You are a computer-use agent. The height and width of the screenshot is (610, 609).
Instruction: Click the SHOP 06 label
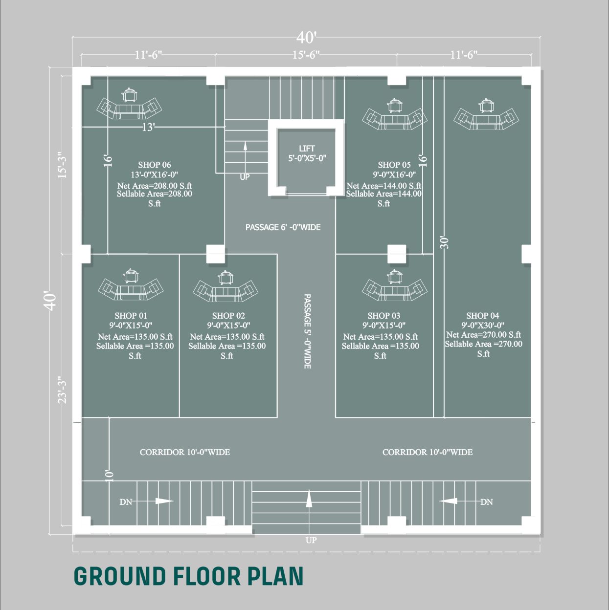point(154,165)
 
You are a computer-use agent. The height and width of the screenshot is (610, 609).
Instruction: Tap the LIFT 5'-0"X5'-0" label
point(307,153)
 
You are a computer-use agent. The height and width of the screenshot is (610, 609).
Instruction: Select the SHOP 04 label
point(482,315)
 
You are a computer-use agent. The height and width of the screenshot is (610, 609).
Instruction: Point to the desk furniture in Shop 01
point(131,290)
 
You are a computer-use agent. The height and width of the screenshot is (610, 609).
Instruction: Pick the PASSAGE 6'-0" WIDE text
point(283,227)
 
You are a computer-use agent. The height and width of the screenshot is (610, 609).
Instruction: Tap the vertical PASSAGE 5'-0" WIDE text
point(307,331)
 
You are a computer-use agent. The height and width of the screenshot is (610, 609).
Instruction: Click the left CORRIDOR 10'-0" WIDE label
point(185,452)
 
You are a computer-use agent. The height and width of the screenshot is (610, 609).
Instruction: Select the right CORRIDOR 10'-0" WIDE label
point(428,452)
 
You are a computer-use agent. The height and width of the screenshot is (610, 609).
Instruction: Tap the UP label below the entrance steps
point(311,540)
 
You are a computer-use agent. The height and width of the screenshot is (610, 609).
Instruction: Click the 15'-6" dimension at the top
point(306,55)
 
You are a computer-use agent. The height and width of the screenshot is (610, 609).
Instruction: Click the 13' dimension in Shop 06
point(148,127)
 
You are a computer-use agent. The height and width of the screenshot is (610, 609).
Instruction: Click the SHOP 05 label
point(394,165)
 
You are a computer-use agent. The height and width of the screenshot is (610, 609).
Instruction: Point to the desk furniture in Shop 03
point(394,290)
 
